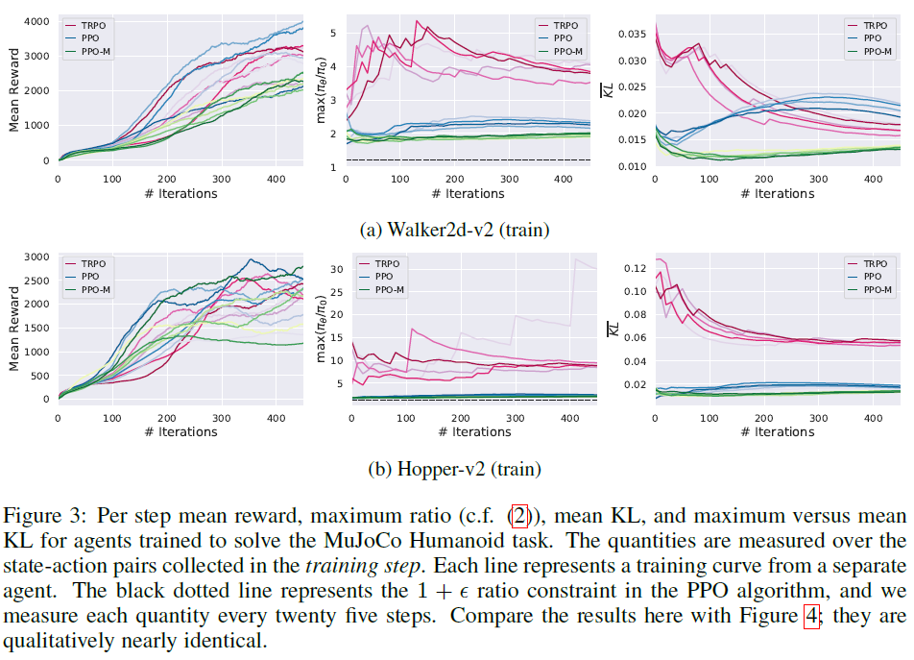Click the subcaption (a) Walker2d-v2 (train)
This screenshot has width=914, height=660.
pos(457,230)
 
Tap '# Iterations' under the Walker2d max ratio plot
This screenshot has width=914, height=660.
pos(474,194)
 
